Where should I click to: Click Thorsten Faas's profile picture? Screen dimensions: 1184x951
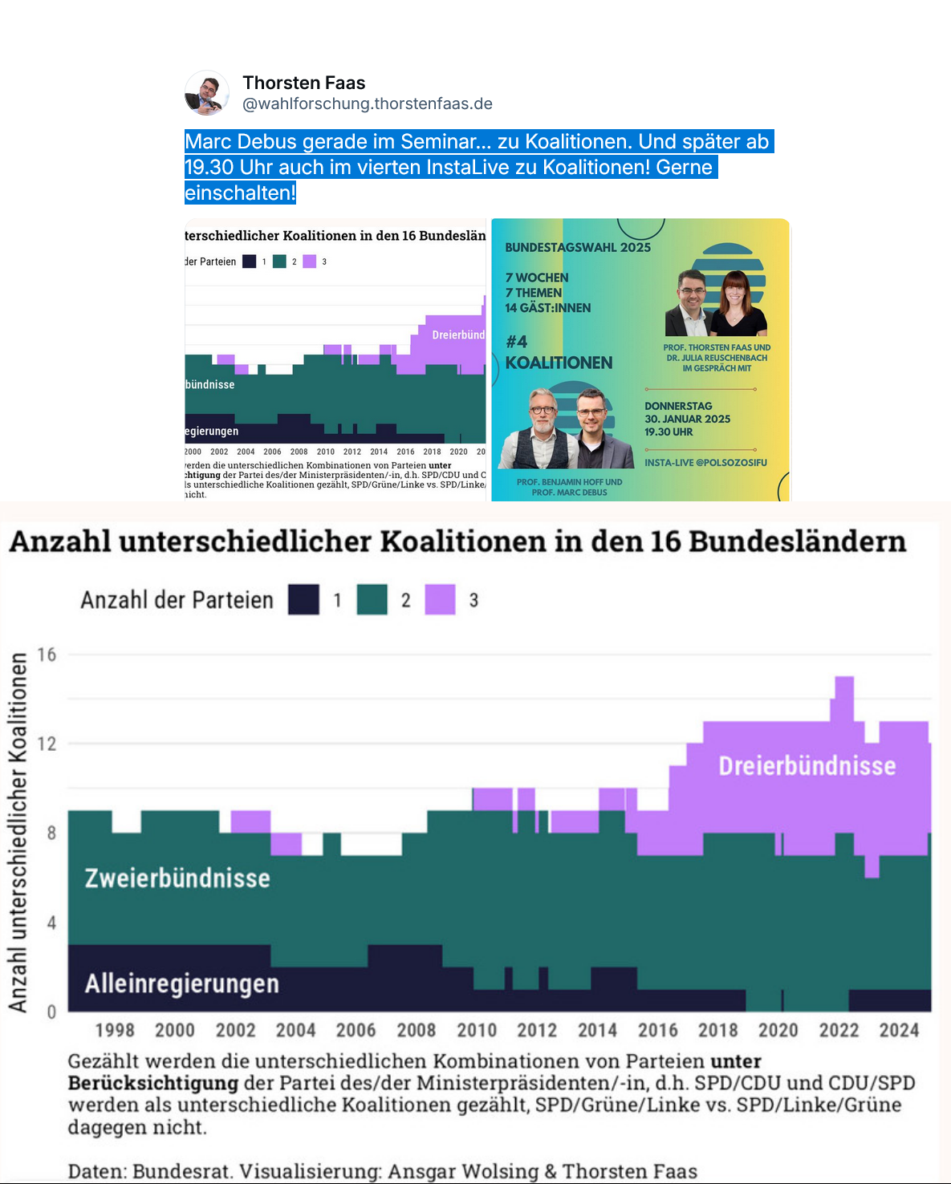[207, 93]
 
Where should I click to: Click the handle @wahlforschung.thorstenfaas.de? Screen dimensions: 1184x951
[368, 103]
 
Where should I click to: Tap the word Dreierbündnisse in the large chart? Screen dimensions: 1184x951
[807, 766]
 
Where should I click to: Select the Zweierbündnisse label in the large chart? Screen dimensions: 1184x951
[177, 878]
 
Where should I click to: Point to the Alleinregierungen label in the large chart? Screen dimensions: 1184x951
[182, 983]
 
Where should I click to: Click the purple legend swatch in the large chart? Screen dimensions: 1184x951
[440, 600]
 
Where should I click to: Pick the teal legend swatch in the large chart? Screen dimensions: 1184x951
[372, 600]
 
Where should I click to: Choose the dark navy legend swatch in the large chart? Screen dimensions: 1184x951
[304, 600]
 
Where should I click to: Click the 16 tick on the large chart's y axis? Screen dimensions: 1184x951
[47, 655]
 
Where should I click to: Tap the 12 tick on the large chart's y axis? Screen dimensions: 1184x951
[47, 744]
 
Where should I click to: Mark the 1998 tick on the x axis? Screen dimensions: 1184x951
[115, 1031]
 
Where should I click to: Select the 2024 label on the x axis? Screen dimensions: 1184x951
[899, 1031]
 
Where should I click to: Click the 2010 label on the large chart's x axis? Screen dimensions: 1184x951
[477, 1031]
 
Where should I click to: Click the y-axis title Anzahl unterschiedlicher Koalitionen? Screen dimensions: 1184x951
[18, 832]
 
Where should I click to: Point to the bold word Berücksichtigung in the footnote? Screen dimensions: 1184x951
[153, 1083]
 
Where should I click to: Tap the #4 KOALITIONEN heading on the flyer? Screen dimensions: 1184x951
[559, 353]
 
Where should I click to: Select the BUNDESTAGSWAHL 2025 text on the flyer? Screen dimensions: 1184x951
[578, 247]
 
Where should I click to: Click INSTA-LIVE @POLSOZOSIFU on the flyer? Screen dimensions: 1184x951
[705, 463]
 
